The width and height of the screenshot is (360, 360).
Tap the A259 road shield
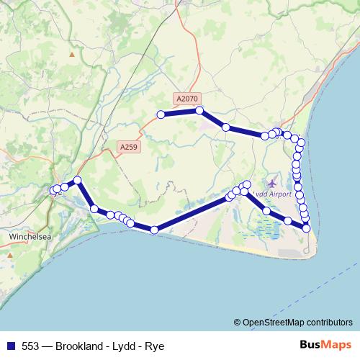[x=128, y=147]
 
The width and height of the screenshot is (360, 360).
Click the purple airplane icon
[x=271, y=182]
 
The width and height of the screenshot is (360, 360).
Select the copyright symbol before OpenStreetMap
[x=237, y=323]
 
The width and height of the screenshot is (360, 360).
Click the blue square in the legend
[x=10, y=346]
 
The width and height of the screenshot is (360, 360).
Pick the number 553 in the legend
[x=30, y=346]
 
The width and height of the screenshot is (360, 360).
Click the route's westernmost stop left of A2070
[x=161, y=114]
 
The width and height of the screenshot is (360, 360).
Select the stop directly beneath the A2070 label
[x=199, y=110]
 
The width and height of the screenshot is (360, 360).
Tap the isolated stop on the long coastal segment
[x=154, y=230]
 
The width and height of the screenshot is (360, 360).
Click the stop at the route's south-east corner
[x=307, y=228]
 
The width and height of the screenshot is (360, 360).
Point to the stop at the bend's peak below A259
[x=78, y=181]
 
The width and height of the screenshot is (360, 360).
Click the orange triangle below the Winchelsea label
[x=9, y=254]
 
